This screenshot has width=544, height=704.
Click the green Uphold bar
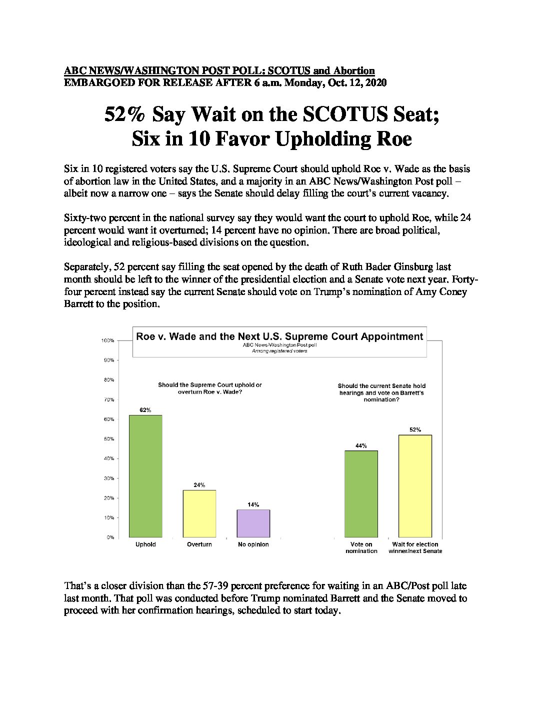click(145, 476)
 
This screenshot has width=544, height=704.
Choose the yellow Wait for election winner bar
click(415, 486)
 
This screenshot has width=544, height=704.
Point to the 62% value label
click(145, 410)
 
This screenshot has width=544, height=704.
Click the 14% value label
click(253, 504)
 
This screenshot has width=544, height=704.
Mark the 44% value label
click(361, 445)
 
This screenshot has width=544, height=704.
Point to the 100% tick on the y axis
click(108, 340)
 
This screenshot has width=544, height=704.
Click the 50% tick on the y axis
click(109, 438)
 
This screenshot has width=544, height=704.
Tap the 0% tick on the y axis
click(110, 537)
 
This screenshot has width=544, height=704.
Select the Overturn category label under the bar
click(199, 544)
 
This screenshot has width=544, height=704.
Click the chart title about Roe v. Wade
click(279, 336)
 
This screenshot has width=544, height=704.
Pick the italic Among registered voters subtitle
click(279, 351)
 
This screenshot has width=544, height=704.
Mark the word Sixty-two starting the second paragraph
click(84, 218)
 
